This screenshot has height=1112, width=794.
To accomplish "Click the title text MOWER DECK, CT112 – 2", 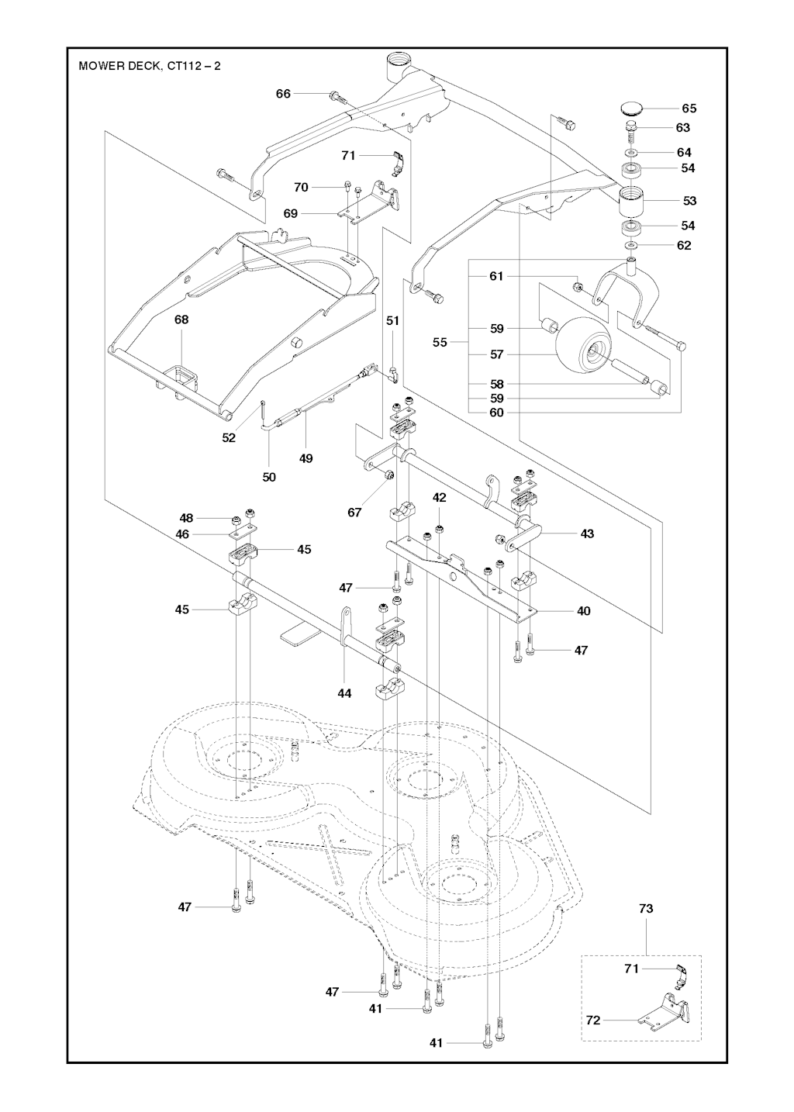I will coord(150,66).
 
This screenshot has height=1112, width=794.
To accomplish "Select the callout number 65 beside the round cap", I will coord(689,109).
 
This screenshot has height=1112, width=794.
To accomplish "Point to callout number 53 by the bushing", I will coord(689,201).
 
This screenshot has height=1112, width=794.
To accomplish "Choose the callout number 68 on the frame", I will coord(181,319).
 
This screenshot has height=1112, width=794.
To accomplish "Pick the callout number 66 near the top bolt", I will coord(284,94).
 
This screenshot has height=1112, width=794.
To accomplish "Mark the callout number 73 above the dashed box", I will coord(646,909).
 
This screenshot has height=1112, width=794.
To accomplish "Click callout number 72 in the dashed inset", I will coord(593,1020).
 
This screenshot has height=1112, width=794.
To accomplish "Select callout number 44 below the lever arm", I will coord(344,693).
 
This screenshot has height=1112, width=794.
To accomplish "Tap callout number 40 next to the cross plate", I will coord(584,611).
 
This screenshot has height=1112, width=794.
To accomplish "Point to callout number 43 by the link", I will coord(587,534).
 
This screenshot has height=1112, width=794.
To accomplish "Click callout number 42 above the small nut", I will coord(440,498).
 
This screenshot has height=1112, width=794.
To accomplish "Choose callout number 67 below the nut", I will coord(354,513).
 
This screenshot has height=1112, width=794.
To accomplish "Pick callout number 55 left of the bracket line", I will coord(440,342).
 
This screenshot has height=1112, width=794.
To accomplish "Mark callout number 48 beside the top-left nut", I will coord(186,518).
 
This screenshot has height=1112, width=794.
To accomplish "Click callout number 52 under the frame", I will coord(229,437).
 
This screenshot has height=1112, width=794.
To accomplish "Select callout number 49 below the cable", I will coord(306,459).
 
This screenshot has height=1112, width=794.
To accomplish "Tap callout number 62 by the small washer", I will coord(684,245).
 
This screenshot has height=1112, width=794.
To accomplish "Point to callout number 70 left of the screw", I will coord(302,187).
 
